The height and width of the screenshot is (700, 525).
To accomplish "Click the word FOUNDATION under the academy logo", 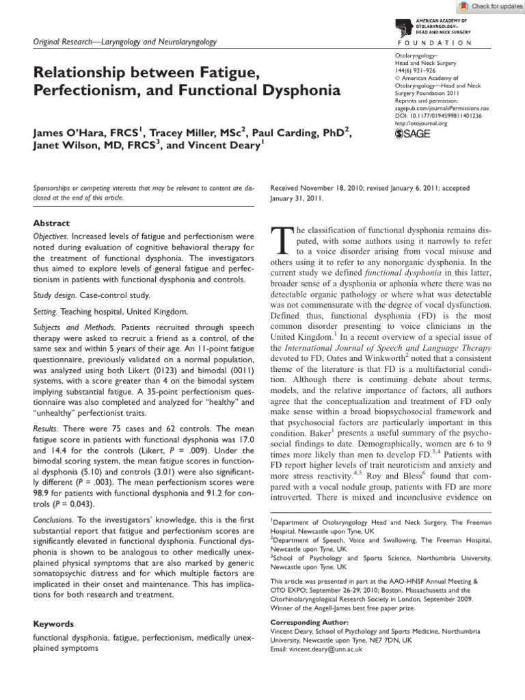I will coord(433,42).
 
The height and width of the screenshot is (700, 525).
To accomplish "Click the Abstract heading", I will coord(51,223).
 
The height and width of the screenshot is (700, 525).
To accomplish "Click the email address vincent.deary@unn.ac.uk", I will coord(332,649).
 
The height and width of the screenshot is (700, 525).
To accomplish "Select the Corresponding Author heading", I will coord(309,622).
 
